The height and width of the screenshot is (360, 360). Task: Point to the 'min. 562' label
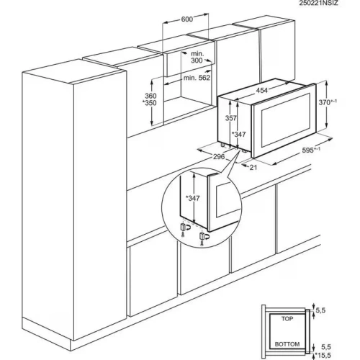pos(198,77)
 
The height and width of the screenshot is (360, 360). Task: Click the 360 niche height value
pos(150,96)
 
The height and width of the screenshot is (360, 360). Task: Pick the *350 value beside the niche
pos(149,104)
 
